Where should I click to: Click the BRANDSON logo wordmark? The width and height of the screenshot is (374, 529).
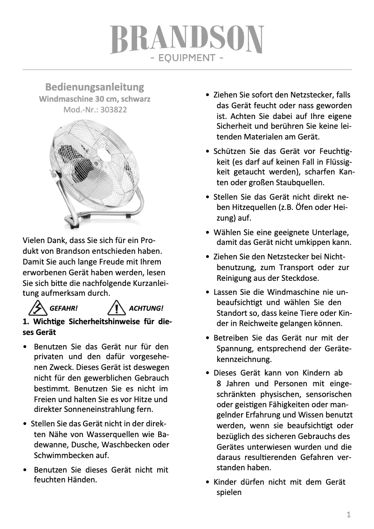point(187,40)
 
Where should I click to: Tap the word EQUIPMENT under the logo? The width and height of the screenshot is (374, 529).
point(187,58)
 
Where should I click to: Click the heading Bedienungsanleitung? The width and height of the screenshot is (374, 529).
point(95,87)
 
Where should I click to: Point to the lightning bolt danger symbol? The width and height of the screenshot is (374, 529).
point(35,308)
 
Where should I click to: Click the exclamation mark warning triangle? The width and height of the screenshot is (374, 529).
point(115,308)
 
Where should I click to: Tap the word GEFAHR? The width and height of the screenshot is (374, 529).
point(63,308)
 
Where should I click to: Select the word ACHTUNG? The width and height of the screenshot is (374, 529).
point(145,308)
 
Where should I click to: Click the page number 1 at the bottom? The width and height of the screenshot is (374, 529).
point(348,515)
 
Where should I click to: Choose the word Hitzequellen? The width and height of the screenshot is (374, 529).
point(253,207)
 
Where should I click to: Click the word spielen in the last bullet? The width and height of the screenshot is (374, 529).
point(229,493)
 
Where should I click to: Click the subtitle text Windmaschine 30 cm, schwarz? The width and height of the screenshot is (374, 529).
point(95,99)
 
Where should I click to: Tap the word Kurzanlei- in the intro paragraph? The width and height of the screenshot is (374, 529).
point(147,283)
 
